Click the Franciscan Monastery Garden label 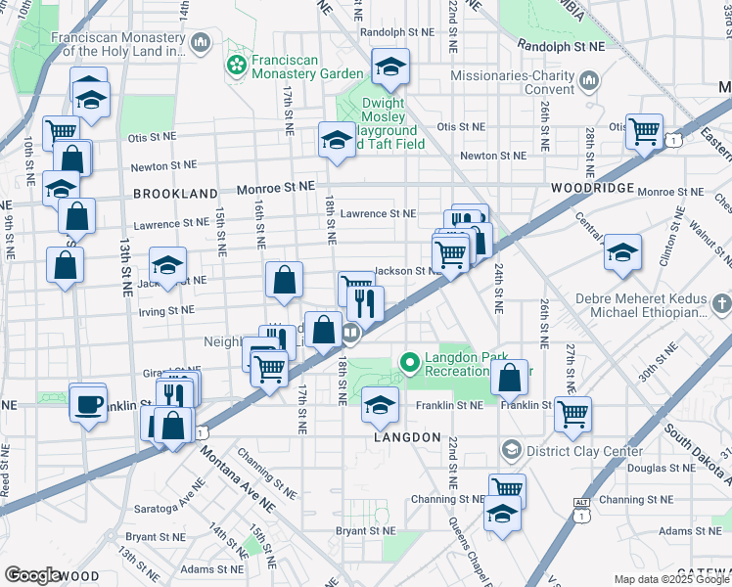pos(306,66)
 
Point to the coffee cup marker pos(88,403)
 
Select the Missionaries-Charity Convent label pos(513,82)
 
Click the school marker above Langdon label pos(380,405)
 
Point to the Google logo pos(32,575)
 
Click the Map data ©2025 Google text pos(671,579)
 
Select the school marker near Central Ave pos(622,253)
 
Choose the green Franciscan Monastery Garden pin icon pos(236,66)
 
